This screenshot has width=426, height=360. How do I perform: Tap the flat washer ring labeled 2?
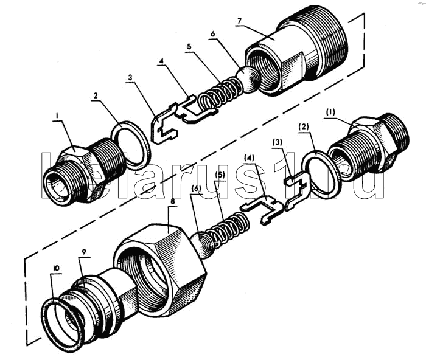[x=131, y=144]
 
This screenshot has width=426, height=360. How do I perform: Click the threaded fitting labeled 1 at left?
[x=85, y=173]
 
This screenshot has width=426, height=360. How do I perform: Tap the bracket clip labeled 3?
[x=162, y=126]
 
